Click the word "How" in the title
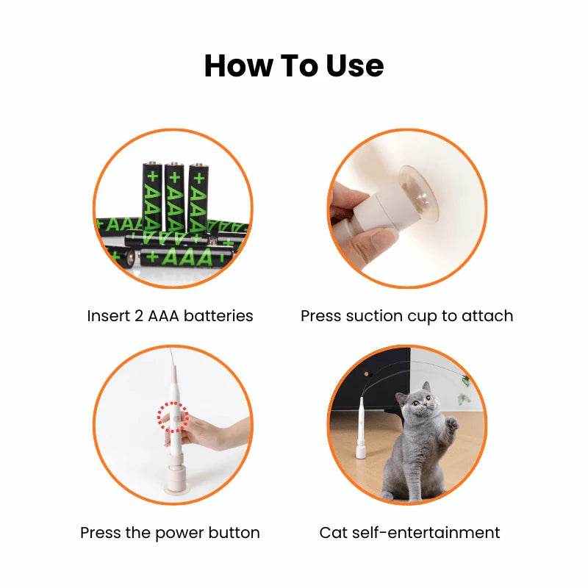[238, 66]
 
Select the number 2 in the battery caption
[139, 316]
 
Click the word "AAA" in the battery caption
[163, 316]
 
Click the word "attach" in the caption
[487, 316]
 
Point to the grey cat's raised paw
[453, 424]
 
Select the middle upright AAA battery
[174, 198]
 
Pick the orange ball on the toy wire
[366, 374]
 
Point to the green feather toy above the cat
[465, 381]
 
